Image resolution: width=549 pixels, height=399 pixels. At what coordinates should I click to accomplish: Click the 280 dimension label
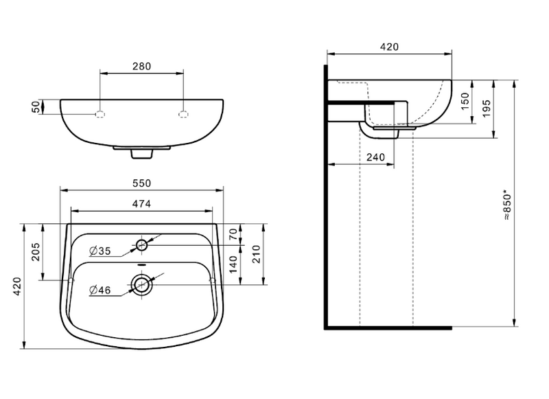[141, 67]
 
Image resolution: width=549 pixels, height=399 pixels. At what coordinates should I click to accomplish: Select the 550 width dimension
[141, 183]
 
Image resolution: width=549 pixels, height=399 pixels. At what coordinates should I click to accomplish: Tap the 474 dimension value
[141, 203]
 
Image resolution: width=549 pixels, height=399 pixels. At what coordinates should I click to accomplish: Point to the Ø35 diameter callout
[100, 251]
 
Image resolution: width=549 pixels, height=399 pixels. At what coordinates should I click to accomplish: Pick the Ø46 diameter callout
[100, 290]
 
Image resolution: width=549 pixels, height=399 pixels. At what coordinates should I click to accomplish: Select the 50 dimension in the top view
[36, 107]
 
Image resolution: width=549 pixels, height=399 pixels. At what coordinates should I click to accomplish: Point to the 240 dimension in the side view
[375, 157]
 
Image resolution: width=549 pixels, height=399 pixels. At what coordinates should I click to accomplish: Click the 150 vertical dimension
[464, 102]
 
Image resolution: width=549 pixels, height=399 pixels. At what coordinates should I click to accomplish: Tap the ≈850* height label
[507, 204]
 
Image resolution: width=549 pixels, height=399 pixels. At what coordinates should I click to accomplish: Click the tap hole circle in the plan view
[142, 245]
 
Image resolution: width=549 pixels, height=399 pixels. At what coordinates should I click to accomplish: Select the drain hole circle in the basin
[142, 284]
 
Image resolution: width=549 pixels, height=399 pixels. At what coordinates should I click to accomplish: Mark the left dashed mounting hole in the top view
[100, 113]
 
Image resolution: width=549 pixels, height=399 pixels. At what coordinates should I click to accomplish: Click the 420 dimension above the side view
[389, 47]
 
